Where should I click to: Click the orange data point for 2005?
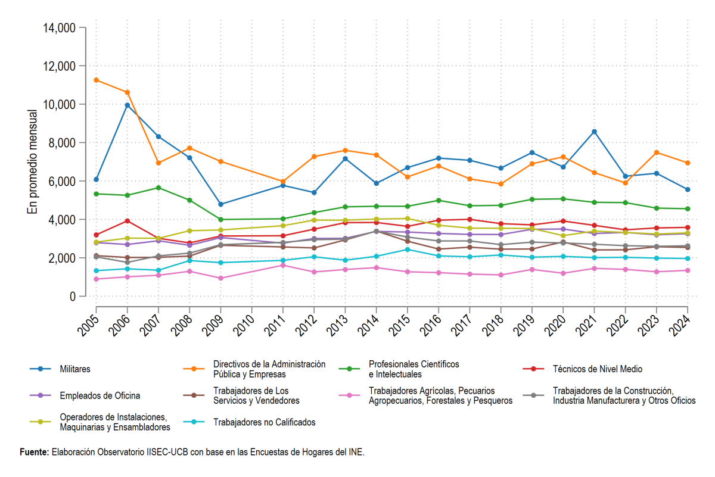click(96, 80)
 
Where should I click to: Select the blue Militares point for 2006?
click(128, 105)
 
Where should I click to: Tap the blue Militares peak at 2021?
click(594, 132)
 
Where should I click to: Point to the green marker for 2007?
click(158, 188)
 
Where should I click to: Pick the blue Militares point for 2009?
click(220, 204)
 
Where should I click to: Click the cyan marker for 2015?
click(408, 250)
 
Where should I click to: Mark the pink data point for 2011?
click(283, 266)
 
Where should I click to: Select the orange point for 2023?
click(657, 152)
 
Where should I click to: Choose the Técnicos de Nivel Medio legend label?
click(597, 369)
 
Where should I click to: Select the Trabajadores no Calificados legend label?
click(265, 422)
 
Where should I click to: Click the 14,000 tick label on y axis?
click(60, 28)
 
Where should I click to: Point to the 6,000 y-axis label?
click(62, 181)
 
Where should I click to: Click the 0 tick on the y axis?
click(73, 297)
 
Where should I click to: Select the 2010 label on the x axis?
click(244, 326)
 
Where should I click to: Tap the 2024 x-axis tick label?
click(680, 326)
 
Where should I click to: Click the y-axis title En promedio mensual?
click(32, 162)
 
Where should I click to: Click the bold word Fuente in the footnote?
click(34, 452)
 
